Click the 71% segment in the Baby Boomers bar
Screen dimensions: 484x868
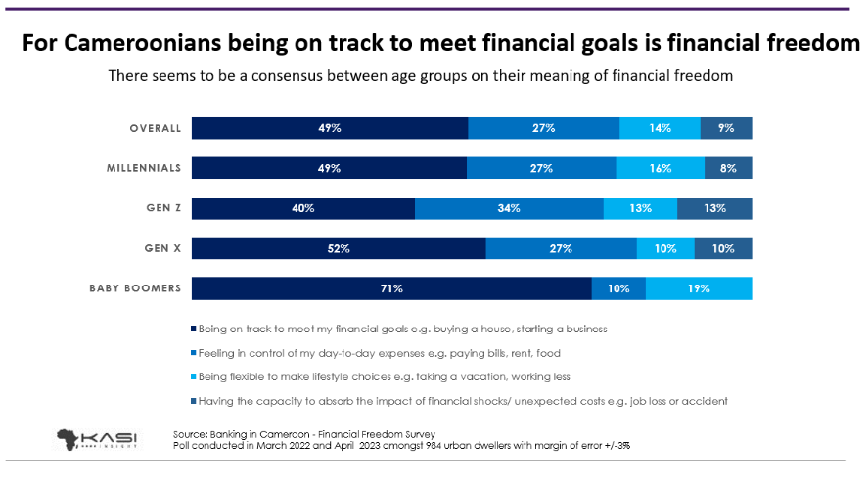pos(391,288)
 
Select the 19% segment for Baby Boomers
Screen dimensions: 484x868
pos(698,288)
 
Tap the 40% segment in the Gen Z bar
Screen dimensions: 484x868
pos(303,208)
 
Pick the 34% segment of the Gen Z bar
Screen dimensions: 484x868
pos(509,208)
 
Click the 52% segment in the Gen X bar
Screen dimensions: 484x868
pos(339,248)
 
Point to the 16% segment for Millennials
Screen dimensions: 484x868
pos(660,168)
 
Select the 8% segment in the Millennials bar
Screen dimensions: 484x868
pos(727,168)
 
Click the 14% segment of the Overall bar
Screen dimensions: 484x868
pos(660,128)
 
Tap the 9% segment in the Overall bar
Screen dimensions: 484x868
pos(726,128)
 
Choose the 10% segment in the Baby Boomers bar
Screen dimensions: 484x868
pos(618,288)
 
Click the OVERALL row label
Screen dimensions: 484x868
pos(155,128)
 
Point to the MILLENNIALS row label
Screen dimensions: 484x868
pos(144,168)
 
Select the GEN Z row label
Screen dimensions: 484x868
pos(163,208)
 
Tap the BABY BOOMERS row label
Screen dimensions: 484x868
pos(135,288)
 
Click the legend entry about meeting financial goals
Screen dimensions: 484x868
pos(401,330)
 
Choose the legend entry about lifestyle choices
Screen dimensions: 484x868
pos(384,376)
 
